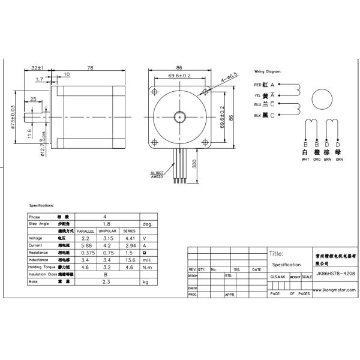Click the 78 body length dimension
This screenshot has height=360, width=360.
[x=89, y=68]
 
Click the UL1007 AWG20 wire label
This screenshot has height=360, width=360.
[x=158, y=175]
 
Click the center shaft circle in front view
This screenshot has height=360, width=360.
[x=179, y=116]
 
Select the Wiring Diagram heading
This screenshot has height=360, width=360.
[x=268, y=71]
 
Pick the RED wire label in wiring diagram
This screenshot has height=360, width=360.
[x=258, y=85]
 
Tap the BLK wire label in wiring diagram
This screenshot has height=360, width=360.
[x=258, y=115]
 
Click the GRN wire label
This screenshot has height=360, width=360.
[x=339, y=160]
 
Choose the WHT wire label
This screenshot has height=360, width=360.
[x=305, y=160]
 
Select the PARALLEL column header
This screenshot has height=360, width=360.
[x=86, y=230]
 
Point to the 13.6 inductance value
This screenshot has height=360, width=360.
[x=129, y=260]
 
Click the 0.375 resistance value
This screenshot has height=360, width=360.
[x=86, y=253]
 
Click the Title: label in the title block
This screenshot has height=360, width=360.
[x=277, y=254]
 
